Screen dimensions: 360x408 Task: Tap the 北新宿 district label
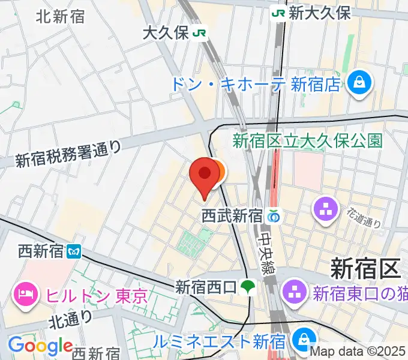pos(60,16)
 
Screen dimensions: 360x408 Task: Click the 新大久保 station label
pos(319,13)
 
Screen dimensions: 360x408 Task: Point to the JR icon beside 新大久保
pos(278,13)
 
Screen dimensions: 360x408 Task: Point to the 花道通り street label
pos(364,218)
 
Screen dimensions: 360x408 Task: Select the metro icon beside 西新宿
pos(74,251)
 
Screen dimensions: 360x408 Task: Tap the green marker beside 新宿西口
pos(247,288)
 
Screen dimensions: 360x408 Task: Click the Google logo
pos(40,346)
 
